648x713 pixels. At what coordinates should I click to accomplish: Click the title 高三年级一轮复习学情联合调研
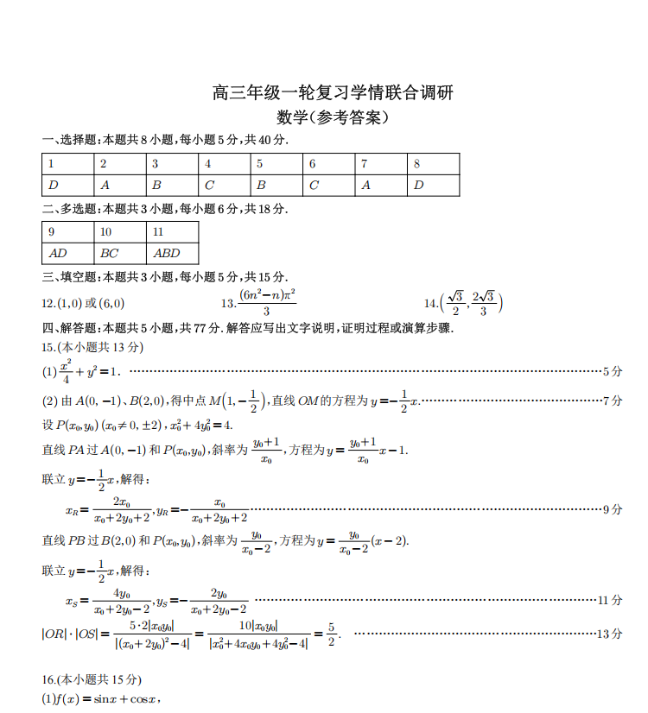(x=333, y=93)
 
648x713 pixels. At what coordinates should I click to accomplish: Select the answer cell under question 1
(x=67, y=185)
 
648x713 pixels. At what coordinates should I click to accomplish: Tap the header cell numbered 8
(x=433, y=164)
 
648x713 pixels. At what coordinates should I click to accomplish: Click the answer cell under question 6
(x=328, y=185)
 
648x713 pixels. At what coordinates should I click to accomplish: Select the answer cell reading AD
(x=67, y=254)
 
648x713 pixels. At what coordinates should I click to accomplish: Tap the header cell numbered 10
(x=120, y=232)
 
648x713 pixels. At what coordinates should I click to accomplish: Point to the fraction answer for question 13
(x=267, y=303)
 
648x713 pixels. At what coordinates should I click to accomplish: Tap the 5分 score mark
(x=613, y=371)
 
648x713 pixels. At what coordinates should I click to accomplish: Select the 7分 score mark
(x=613, y=401)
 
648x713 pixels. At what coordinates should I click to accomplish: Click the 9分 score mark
(x=613, y=509)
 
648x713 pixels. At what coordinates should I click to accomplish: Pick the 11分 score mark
(x=610, y=600)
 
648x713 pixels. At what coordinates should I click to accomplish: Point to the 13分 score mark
(x=610, y=634)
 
